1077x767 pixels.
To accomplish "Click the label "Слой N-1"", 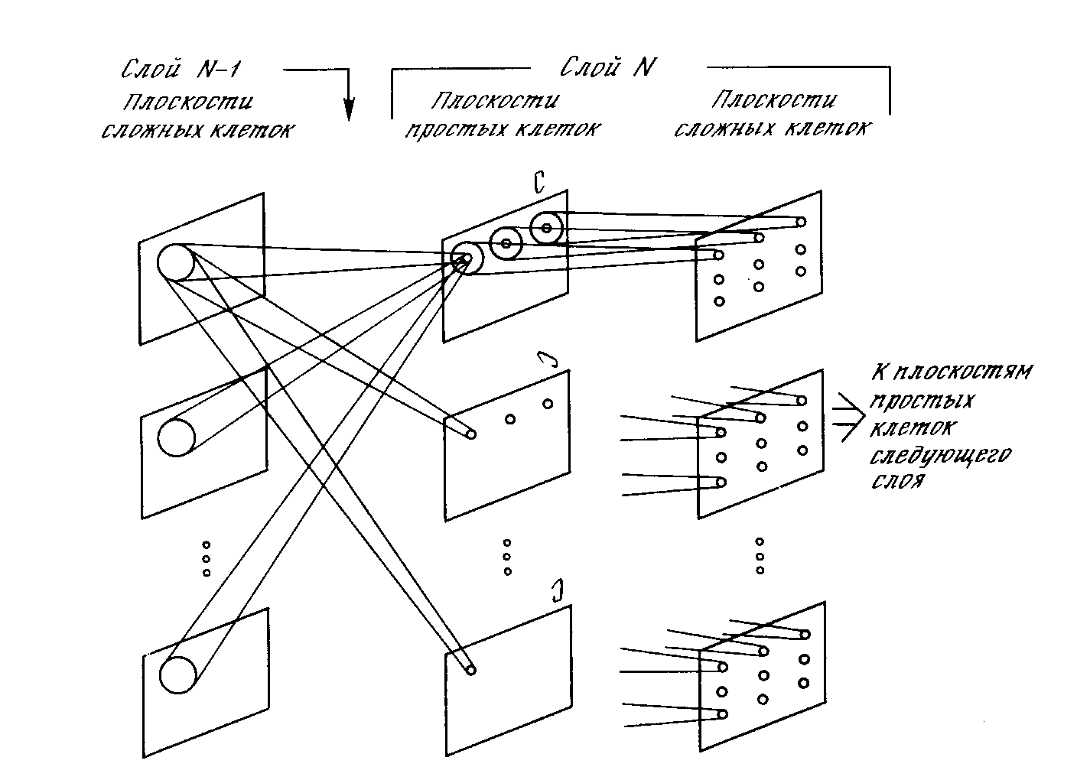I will (x=181, y=70).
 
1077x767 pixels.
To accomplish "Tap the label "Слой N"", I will (x=608, y=68).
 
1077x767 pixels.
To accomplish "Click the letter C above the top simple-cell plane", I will (x=538, y=184).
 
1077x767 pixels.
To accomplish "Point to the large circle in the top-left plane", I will (x=175, y=263).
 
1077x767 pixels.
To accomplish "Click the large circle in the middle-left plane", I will (x=176, y=437).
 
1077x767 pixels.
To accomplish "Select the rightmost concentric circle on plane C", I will (x=546, y=227).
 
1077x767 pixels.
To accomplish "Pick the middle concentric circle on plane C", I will (x=506, y=243).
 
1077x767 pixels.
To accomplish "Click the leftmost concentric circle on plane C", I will (x=466, y=258).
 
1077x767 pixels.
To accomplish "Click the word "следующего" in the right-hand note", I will (x=941, y=457).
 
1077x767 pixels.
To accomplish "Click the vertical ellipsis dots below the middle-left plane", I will (x=206, y=559).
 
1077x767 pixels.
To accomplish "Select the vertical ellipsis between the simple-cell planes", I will (x=506, y=557).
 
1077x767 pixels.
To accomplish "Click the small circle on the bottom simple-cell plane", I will (x=471, y=670).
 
